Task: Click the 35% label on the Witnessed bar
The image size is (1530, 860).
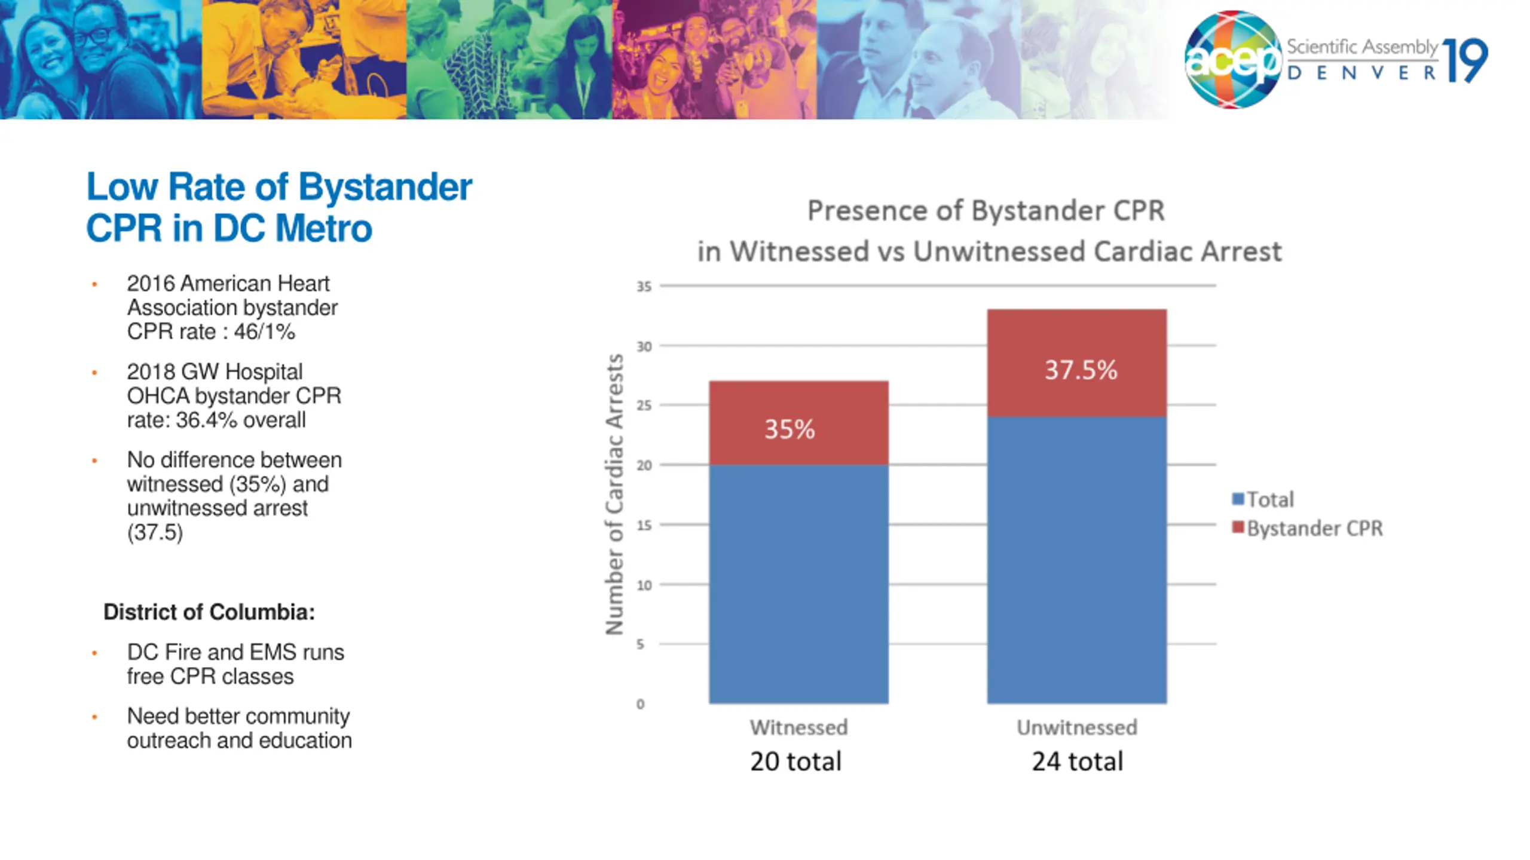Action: [790, 429]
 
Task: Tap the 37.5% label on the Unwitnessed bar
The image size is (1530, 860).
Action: [1081, 370]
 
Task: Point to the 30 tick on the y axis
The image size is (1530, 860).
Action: [644, 346]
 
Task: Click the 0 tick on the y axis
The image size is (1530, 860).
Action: [641, 704]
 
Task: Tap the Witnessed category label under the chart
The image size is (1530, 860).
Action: [798, 727]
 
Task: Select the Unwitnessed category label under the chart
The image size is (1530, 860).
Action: [1077, 727]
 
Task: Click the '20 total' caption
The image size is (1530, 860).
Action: [795, 761]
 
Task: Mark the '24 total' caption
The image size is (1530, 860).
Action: [1078, 761]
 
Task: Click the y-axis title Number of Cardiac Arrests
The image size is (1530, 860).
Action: [614, 494]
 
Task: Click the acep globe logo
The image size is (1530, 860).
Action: [1232, 60]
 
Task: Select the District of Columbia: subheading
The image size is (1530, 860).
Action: [209, 612]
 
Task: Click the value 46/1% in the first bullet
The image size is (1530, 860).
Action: [264, 332]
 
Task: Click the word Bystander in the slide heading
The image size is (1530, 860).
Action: [385, 187]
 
